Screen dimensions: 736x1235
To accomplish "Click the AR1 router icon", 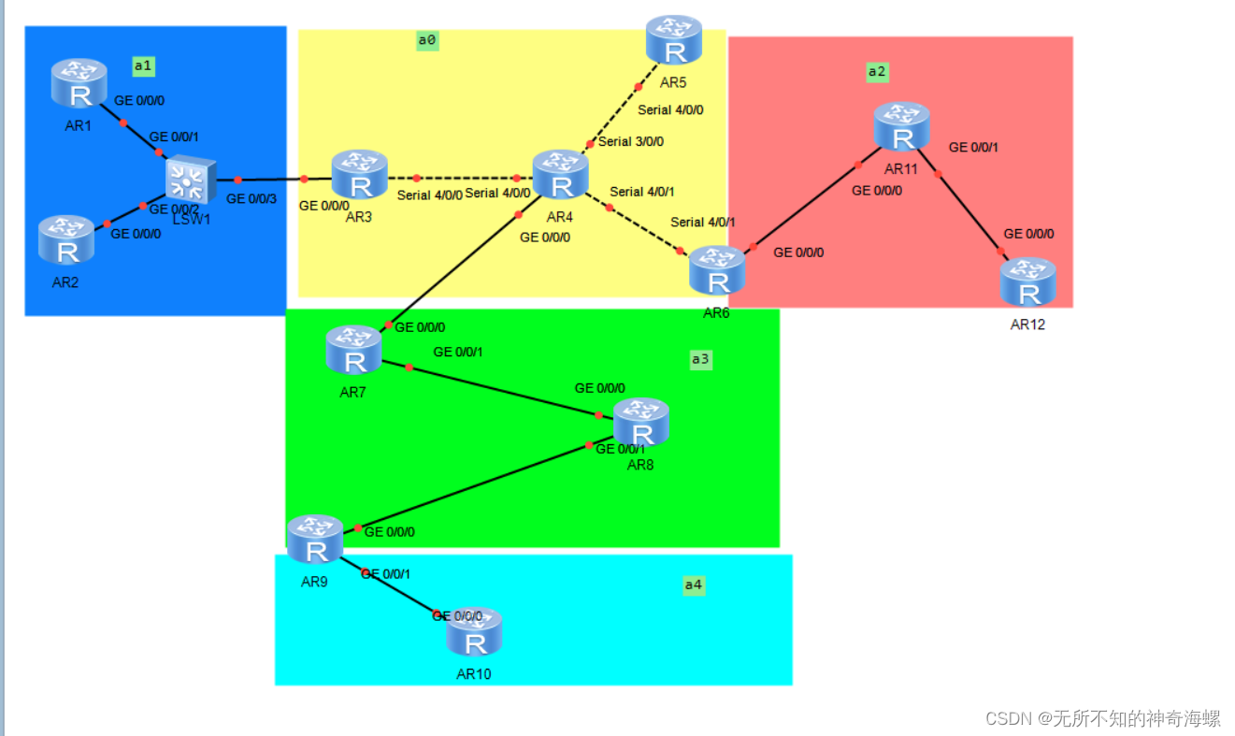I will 79,82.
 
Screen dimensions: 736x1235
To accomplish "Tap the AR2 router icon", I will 66,239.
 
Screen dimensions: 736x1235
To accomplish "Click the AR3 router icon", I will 360,174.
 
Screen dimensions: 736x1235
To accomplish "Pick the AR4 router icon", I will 561,175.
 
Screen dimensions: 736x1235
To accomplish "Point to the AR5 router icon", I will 674,39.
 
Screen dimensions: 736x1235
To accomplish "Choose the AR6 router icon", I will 717,270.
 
